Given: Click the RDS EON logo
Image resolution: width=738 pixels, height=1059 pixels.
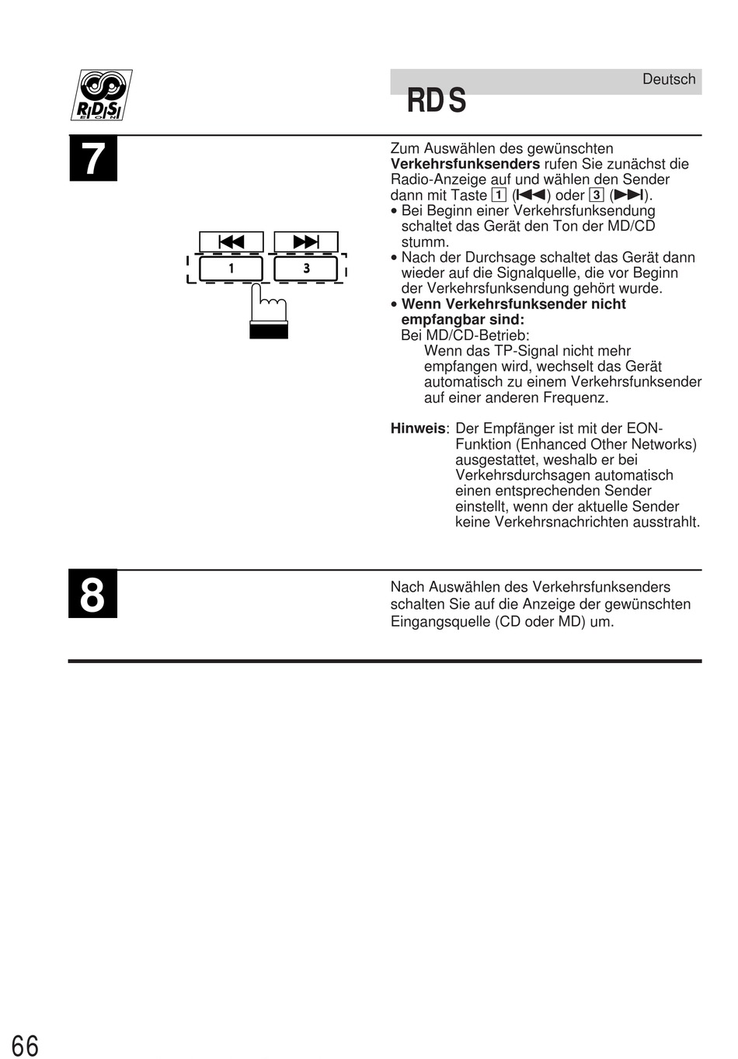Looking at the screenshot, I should coord(101,95).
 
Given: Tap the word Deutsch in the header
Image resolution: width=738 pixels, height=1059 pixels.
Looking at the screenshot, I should coord(669,79).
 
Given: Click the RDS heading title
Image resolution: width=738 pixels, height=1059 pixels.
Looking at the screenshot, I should coord(437,101).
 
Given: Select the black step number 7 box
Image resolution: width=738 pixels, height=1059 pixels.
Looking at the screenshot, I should coord(93,158).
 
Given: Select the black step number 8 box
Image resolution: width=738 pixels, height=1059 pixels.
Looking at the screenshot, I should coord(92,594).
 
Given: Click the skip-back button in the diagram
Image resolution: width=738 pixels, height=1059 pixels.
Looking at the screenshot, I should coord(231,241).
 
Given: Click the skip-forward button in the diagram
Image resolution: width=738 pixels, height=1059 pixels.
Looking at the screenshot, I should coord(306,241).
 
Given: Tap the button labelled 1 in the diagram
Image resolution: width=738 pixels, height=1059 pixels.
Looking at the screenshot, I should coord(231,269).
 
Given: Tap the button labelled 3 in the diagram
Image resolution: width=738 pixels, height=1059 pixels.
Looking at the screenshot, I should coord(306,269).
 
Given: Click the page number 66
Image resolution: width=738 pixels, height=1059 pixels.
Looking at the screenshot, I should coord(25,1045).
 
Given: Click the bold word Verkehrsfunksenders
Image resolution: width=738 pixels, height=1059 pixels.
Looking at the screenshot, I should coord(465,164).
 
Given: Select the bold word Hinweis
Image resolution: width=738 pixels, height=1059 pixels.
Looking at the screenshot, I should coord(418,429).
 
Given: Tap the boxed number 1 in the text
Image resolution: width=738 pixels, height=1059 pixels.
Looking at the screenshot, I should coord(499,195).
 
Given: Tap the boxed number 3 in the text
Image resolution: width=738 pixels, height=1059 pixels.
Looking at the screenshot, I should coord(597,195).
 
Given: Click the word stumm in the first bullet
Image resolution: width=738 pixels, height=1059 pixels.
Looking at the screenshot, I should coord(424,241).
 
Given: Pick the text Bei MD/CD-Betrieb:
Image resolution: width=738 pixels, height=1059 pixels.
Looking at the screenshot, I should coord(465,335).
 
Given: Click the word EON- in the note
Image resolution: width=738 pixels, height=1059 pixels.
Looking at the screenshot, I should coord(645,429).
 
